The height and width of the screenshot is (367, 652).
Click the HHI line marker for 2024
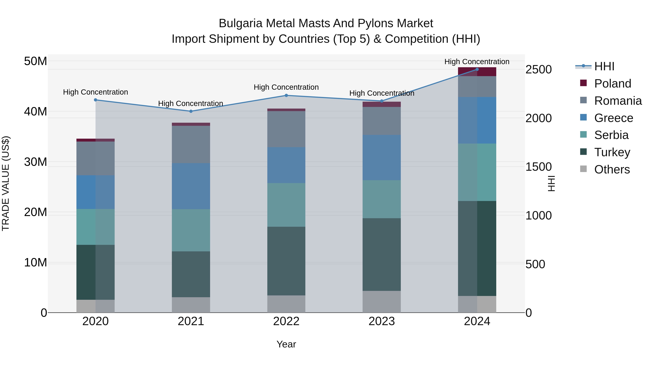click(477, 69)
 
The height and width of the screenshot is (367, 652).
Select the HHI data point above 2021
click(191, 111)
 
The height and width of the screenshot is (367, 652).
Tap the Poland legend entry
click(612, 84)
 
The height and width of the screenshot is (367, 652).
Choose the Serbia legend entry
click(611, 135)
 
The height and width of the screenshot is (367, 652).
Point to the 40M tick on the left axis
click(35, 111)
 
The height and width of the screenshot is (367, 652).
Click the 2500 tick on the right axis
click(538, 70)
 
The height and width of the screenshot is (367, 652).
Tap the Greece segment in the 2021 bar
click(191, 186)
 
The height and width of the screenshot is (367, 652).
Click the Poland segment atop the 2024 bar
click(477, 72)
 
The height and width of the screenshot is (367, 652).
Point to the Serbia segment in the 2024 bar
click(477, 172)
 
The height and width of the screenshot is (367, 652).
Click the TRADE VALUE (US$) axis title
click(6, 183)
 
